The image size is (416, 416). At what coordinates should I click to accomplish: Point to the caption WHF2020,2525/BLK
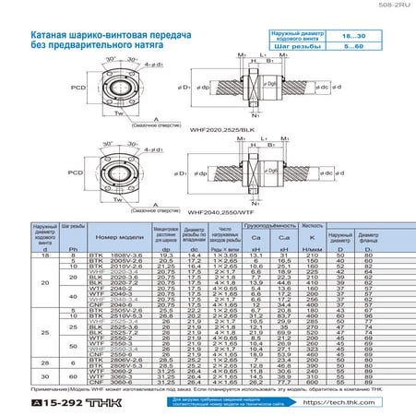click(x=234, y=131)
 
